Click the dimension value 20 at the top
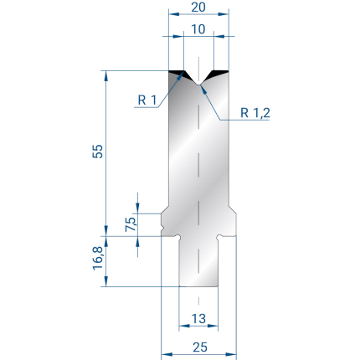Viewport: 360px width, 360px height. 198,7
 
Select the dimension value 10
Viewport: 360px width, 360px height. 198,29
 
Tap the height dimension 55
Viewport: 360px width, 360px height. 98,152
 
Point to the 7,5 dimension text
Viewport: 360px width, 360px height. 131,224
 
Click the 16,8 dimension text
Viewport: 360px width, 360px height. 98,259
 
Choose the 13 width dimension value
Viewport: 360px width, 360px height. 199,318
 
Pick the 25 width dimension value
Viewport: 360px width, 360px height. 200,347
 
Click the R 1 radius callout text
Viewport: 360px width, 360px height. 147,100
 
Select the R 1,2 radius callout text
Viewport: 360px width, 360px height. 255,113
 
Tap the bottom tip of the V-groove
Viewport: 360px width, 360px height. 198,85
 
